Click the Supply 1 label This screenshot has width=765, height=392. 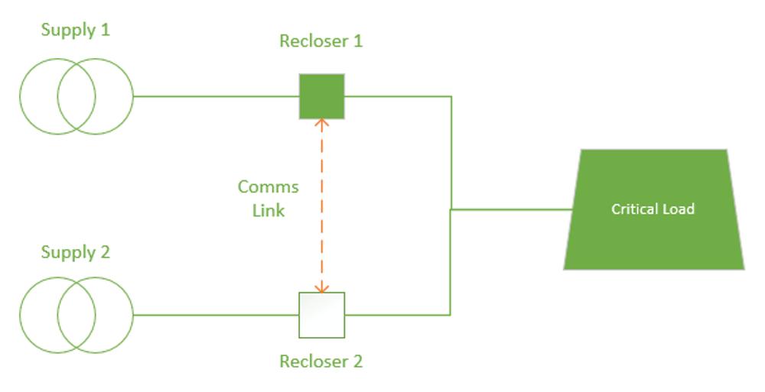tap(75, 31)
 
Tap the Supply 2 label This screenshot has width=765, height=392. tap(75, 252)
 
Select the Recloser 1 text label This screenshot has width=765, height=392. tap(321, 41)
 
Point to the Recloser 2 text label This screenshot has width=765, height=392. tap(321, 361)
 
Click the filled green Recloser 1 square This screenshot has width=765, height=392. tap(322, 96)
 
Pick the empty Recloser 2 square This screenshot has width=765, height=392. tap(322, 315)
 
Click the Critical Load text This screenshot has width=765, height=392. tap(653, 209)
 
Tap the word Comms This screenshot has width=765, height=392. tap(268, 187)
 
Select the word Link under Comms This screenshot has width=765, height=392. tap(269, 211)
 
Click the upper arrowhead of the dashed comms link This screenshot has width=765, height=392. tap(322, 122)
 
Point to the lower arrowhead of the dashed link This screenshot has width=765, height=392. tap(322, 288)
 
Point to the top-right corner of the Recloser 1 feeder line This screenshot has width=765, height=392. tap(451, 97)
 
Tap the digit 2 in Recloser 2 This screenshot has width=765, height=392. tap(356, 361)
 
